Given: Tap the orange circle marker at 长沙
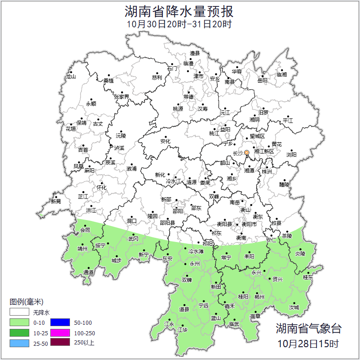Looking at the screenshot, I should pyautogui.click(x=247, y=152).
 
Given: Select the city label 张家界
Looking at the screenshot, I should pyautogui.click(x=121, y=97).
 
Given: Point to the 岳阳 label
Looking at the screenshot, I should pyautogui.click(x=262, y=81).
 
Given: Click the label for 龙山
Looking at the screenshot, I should pyautogui.click(x=70, y=77).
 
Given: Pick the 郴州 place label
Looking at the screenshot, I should pyautogui.click(x=259, y=297).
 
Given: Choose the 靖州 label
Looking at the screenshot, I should pyautogui.click(x=82, y=250).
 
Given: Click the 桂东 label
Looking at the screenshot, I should pyautogui.click(x=308, y=277).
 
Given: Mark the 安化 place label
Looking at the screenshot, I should pyautogui.click(x=165, y=141).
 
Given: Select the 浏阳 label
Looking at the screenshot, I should pyautogui.click(x=291, y=155).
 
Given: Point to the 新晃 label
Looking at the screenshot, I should pyautogui.click(x=56, y=201).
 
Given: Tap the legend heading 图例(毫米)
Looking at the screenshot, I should pyautogui.click(x=26, y=302).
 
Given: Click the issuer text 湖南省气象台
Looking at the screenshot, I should pyautogui.click(x=308, y=328).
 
